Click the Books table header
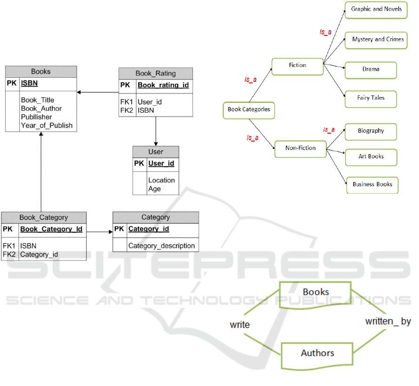(41, 72)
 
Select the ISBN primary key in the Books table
(29, 84)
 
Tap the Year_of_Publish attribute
(47, 125)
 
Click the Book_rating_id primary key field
(163, 85)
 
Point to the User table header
(156, 152)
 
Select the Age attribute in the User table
(154, 189)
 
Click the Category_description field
(161, 246)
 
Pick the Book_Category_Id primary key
(51, 229)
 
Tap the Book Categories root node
(249, 110)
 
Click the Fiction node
(298, 66)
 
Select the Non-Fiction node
(300, 148)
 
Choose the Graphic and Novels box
(376, 9)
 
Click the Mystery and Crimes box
(378, 40)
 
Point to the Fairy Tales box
(371, 98)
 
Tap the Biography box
(371, 131)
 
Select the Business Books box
(372, 184)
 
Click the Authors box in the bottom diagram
(317, 353)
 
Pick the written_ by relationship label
(388, 321)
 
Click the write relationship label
(239, 325)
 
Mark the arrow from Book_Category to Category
(100, 231)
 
